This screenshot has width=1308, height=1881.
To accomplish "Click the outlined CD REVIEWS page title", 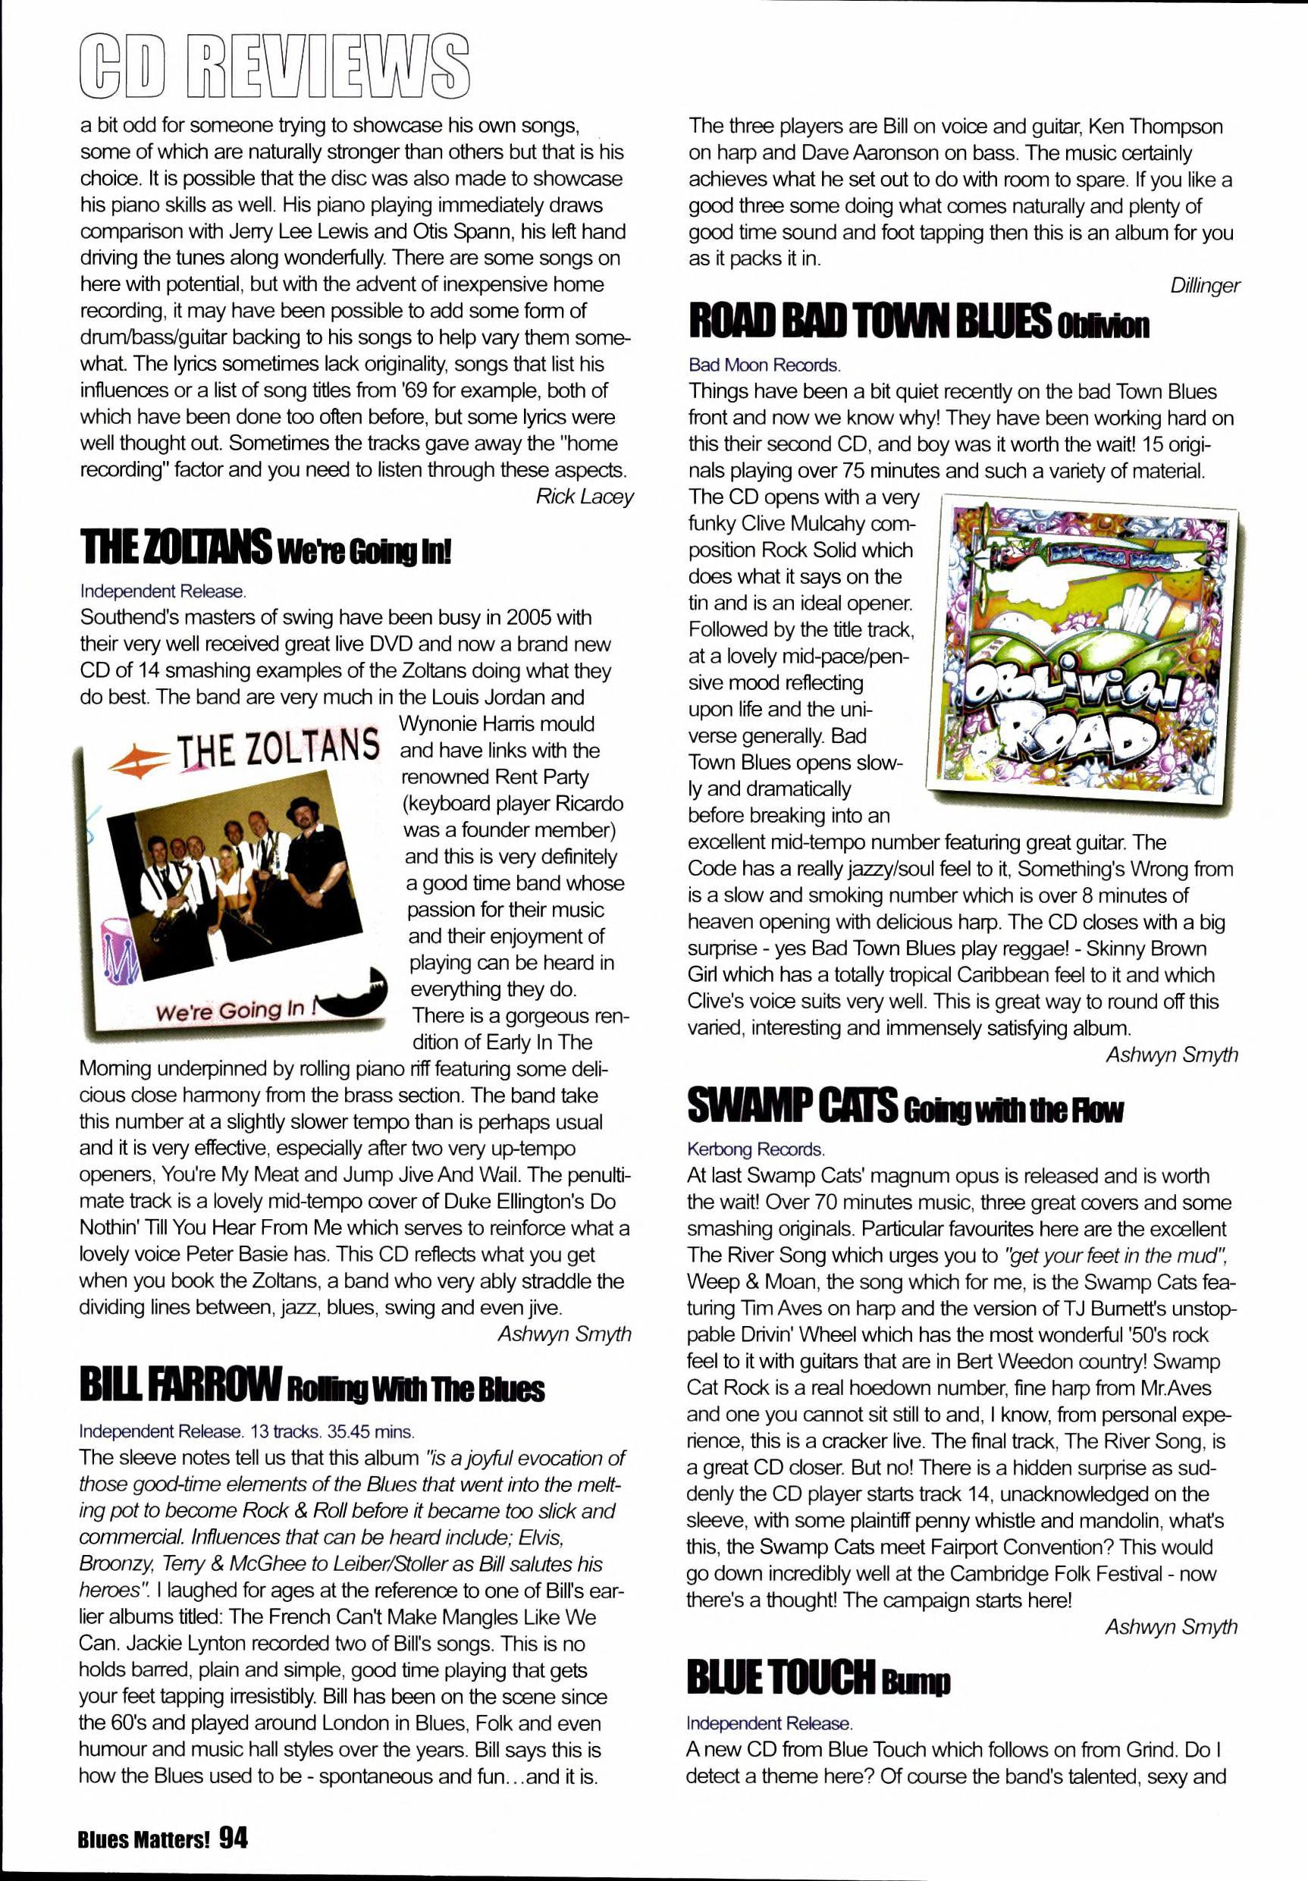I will [x=275, y=64].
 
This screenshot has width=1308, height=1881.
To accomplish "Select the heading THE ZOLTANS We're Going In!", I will [x=265, y=548].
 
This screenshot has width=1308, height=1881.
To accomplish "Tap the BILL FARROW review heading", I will [x=311, y=1385].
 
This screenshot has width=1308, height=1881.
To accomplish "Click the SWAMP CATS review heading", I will [x=905, y=1108].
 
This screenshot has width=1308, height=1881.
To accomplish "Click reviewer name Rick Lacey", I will [x=585, y=496].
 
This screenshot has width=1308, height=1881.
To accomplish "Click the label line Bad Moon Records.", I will [x=764, y=365].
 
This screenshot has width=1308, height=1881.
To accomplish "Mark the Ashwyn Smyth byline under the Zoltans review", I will [x=565, y=1334].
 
